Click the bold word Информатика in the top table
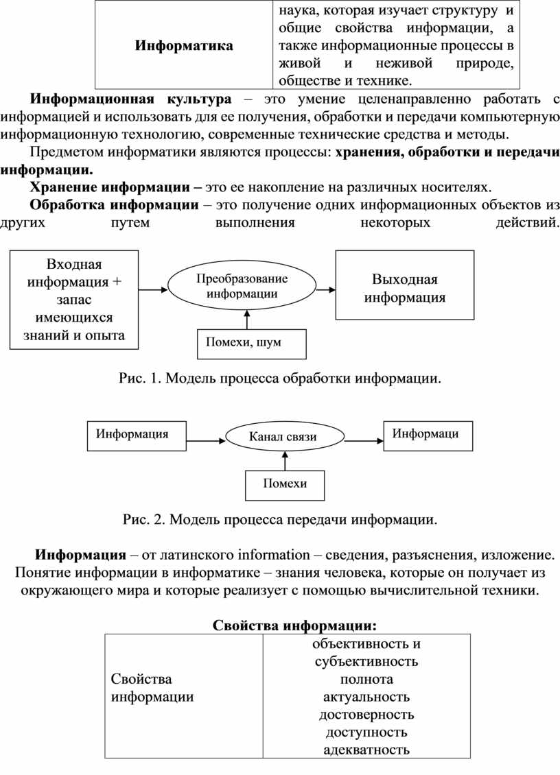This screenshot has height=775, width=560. tap(184, 46)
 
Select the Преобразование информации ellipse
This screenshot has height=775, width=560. tap(242, 286)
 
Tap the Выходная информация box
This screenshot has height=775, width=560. tap(405, 285)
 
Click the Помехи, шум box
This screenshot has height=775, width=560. tap(252, 344)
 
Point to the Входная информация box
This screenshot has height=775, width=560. tap(74, 300)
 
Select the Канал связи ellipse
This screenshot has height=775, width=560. tap(284, 436)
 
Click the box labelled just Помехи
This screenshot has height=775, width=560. tap(285, 486)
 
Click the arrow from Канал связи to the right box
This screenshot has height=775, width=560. tap(364, 441)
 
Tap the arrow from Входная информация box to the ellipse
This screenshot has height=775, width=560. tap(153, 289)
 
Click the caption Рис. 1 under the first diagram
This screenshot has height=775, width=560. tap(279, 379)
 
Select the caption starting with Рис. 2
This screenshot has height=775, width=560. tap(280, 520)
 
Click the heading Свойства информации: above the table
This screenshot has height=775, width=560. tap(295, 625)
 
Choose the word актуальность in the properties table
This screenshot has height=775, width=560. tap(366, 697)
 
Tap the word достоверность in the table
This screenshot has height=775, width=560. tap(366, 715)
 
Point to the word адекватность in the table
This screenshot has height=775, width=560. tap(366, 750)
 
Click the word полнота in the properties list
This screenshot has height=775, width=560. tap(366, 679)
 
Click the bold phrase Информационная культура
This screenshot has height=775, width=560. tap(130, 99)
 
